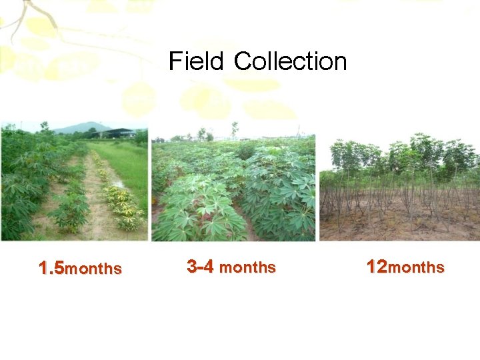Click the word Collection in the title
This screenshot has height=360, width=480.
coord(291,62)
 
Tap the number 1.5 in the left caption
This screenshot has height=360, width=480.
coord(51,269)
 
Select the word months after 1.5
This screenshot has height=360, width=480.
coord(94,269)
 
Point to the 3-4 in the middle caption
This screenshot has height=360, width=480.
coord(200,267)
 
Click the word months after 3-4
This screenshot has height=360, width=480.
coord(247,268)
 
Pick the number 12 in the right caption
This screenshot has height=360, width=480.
coord(377,267)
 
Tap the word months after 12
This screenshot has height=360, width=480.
coord(416,268)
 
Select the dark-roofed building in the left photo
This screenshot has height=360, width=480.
coord(120,132)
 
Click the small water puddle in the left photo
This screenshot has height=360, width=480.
coord(119,184)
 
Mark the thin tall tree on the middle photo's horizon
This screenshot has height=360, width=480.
coord(234,129)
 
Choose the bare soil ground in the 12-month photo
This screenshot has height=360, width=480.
coord(400,227)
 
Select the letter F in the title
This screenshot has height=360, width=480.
coord(175,62)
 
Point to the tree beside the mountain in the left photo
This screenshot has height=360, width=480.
coord(45,126)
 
